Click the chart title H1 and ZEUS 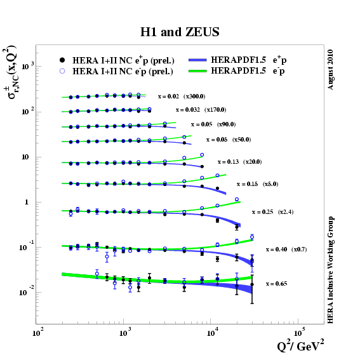pos(180,31)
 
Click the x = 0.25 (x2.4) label pos(272,211)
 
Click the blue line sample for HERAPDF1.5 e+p pos(202,60)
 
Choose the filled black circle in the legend pos(62,60)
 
